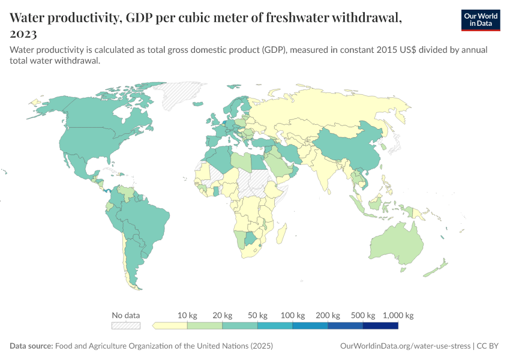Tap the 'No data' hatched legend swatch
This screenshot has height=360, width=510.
[x=126, y=326]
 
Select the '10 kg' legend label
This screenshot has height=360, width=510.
[x=187, y=315]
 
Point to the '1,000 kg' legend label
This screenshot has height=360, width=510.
[x=398, y=315]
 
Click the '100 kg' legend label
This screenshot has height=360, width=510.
[x=293, y=315]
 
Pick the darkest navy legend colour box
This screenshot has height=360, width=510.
[x=380, y=326]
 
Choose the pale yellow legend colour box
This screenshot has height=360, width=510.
[x=170, y=326]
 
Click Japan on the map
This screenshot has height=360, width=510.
[x=394, y=144]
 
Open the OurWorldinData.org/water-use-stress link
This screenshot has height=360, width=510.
[x=405, y=346]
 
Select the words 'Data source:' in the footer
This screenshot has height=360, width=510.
[x=31, y=346]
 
